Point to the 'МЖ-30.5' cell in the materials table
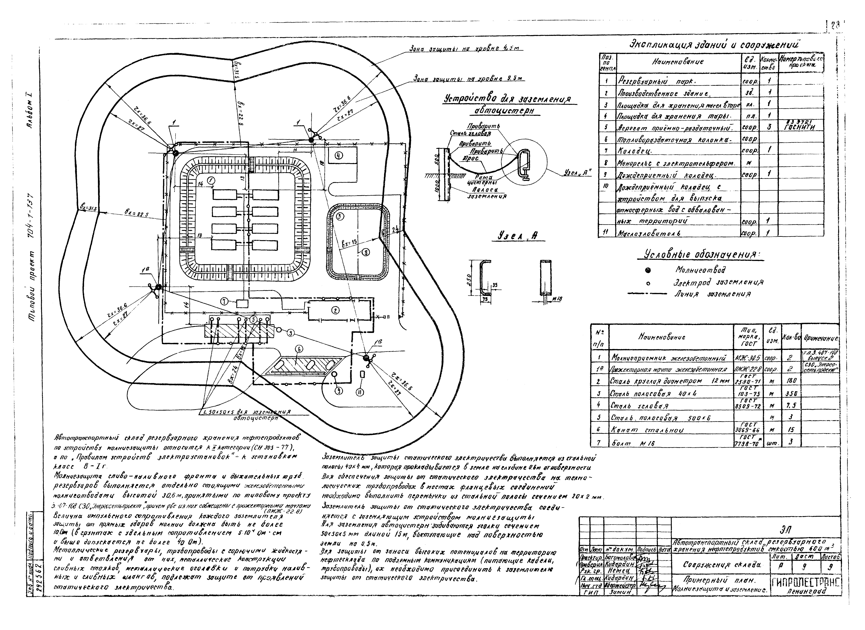pyautogui.click(x=748, y=358)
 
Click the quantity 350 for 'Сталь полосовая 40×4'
pyautogui.click(x=791, y=393)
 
